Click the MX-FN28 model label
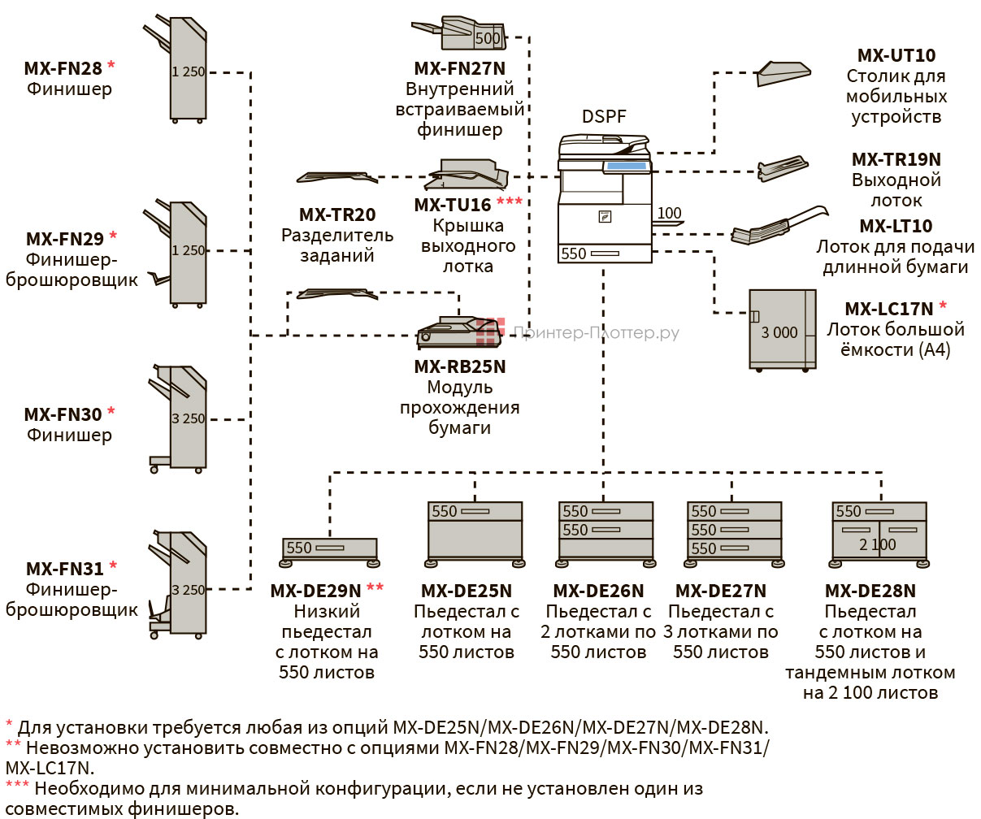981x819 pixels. click(x=63, y=68)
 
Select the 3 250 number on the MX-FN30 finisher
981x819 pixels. click(x=188, y=419)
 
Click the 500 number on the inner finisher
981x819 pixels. click(x=488, y=38)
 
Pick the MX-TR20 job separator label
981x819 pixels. click(x=337, y=215)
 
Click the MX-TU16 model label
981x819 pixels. click(x=453, y=205)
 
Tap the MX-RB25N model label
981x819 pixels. click(x=459, y=367)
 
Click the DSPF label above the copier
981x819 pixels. click(x=604, y=117)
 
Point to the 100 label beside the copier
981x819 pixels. click(x=669, y=214)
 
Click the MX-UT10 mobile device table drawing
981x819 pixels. click(x=783, y=73)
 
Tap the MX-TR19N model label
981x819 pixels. click(x=896, y=160)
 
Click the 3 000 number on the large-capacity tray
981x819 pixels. click(x=779, y=333)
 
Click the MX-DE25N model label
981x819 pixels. click(x=466, y=591)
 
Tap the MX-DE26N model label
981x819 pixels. click(x=598, y=591)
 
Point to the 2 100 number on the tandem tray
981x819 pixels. click(x=878, y=545)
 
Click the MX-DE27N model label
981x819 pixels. click(x=720, y=591)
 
